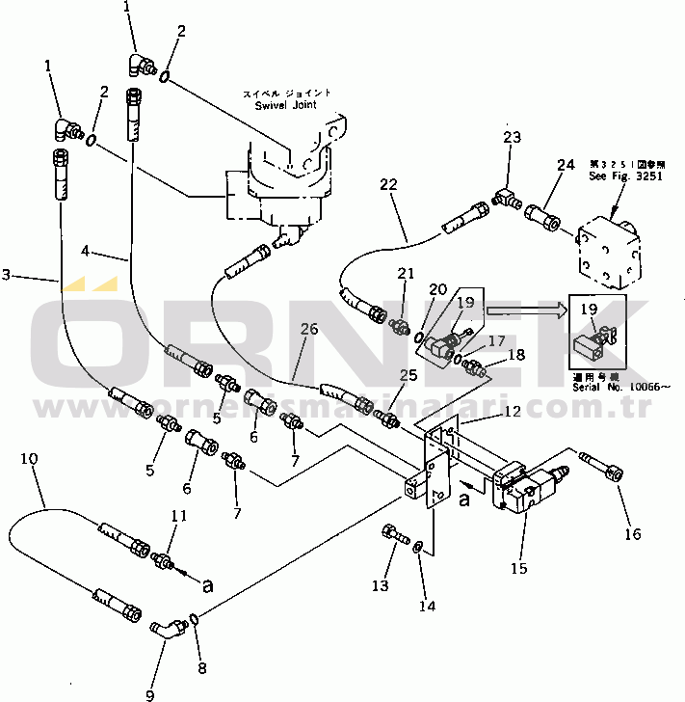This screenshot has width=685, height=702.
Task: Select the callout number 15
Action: [518, 568]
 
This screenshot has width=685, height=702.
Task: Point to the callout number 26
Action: [308, 330]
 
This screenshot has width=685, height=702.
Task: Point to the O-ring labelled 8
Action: [195, 618]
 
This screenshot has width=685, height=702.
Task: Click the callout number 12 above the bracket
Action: [511, 412]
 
